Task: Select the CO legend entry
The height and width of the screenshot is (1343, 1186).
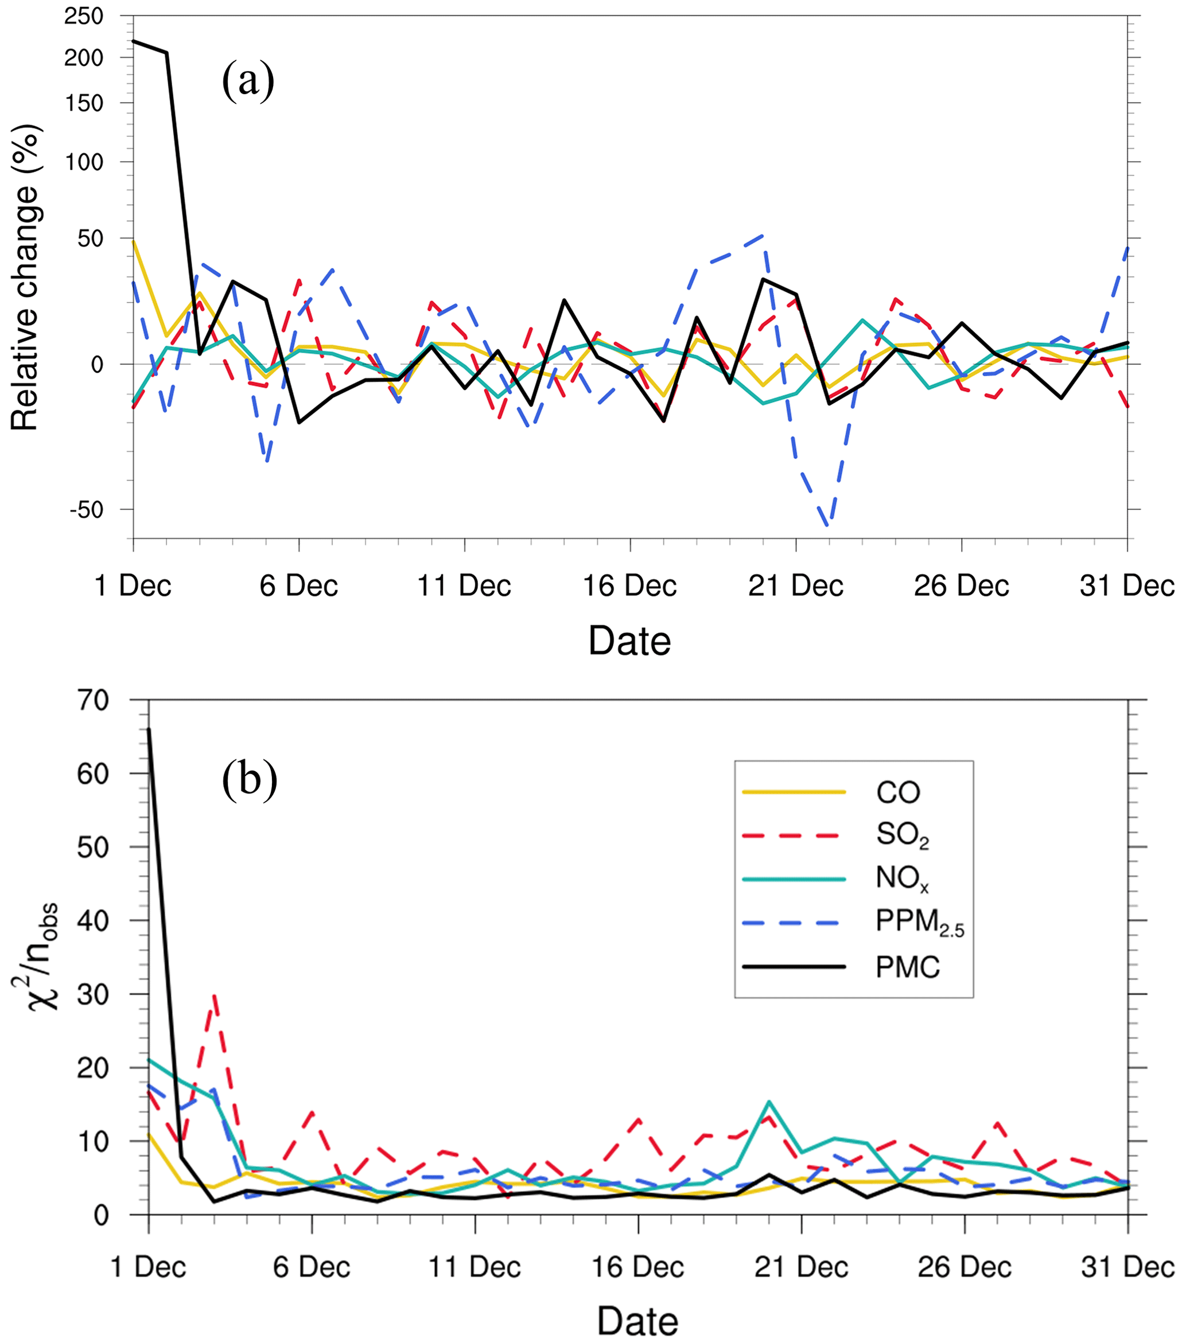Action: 897,792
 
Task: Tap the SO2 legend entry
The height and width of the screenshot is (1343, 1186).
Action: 902,836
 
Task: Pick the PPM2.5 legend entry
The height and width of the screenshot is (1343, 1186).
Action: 919,923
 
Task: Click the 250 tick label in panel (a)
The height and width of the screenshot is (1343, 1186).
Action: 84,15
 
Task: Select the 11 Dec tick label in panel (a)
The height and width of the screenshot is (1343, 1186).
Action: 464,585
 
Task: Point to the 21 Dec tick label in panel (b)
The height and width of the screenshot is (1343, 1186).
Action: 801,1267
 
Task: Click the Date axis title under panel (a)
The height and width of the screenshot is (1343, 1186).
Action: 629,641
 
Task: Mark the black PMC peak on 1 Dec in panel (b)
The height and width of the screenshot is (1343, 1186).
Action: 149,729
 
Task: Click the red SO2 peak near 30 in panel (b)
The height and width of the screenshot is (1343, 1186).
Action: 215,996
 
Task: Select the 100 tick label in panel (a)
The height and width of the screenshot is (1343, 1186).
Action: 84,162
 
